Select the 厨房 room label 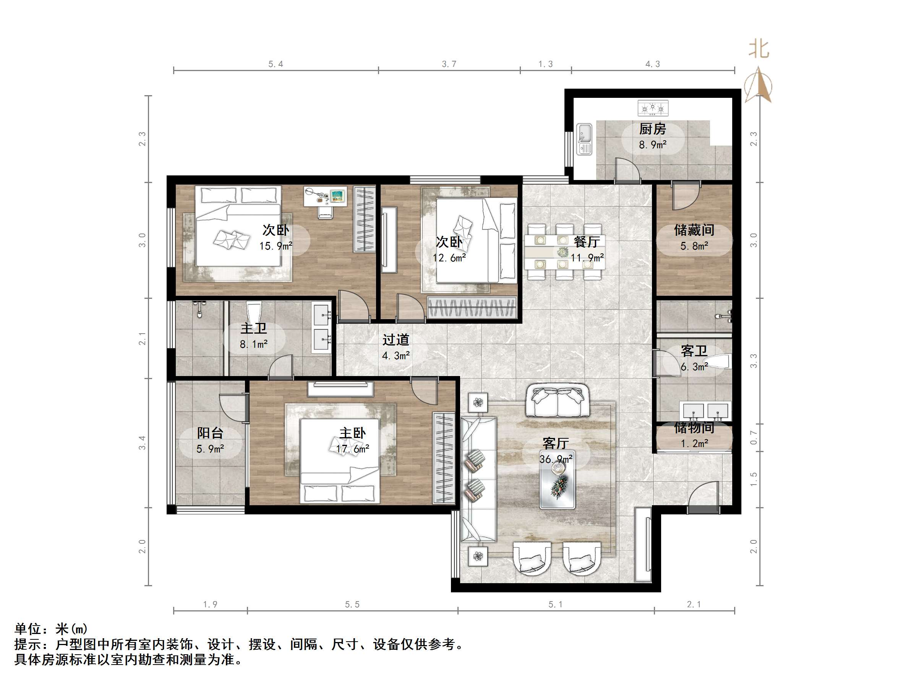tap(652, 129)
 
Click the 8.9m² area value tap(652, 145)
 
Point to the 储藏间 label tap(694, 230)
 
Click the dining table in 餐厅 tap(564, 251)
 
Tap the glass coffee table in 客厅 tap(558, 487)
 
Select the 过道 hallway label tap(396, 340)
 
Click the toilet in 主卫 tap(254, 313)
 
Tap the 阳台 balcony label tap(210, 433)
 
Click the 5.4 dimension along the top tap(276, 64)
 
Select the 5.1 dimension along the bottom tap(555, 605)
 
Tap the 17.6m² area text tap(353, 449)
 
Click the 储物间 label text tap(694, 428)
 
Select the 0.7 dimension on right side tap(754, 437)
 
